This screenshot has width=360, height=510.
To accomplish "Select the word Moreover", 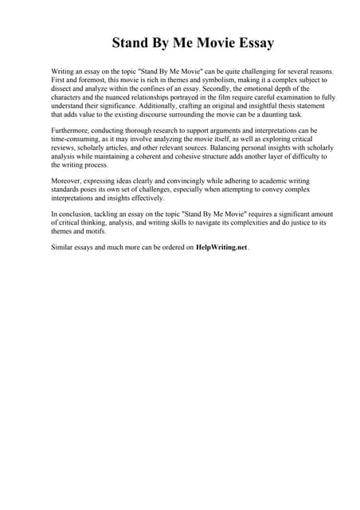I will pos(66,180).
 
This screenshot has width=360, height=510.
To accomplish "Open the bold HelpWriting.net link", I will pos(221,248).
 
